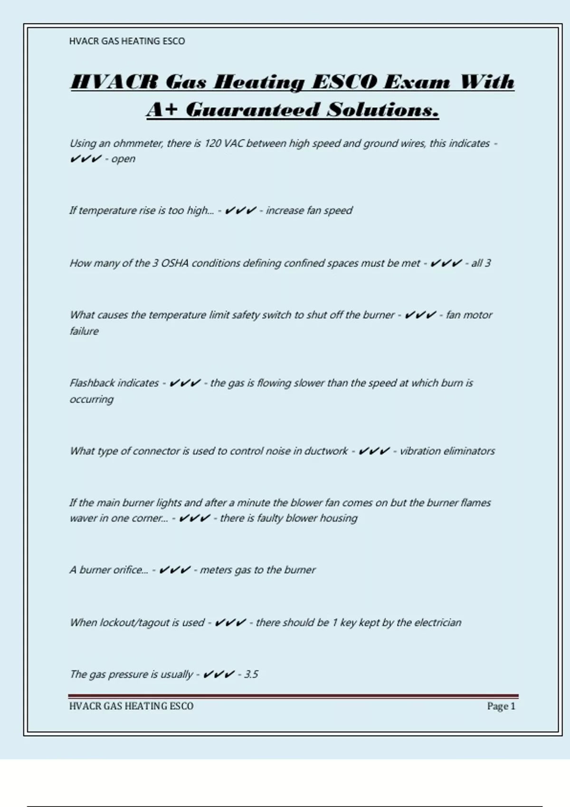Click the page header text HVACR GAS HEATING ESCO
pos(127,41)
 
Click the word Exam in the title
pos(417,82)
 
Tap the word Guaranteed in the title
pos(252,110)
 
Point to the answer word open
pos(123,159)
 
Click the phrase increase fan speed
pos(309,210)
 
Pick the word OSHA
pos(175,263)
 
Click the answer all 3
pos(481,263)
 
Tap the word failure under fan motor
pos(84,331)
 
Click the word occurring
pos(92,399)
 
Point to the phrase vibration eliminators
pos(447,451)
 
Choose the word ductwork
pos(326,451)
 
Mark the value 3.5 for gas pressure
pos(251,674)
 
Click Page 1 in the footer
pos(501,706)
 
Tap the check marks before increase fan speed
pos(240,210)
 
